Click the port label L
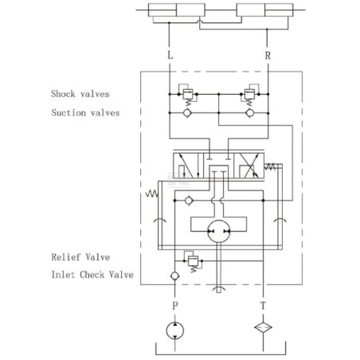[x=170, y=56]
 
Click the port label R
[x=268, y=56]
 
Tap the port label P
[x=174, y=306]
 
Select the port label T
[x=263, y=306]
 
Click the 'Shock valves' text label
[x=80, y=94]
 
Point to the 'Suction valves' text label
[x=85, y=112]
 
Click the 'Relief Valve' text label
[x=80, y=257]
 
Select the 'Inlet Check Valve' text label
[x=92, y=275]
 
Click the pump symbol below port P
[x=174, y=331]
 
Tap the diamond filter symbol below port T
[x=263, y=327]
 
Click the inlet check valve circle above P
[x=174, y=276]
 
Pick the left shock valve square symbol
[x=188, y=94]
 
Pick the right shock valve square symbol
[x=249, y=94]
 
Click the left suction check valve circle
[x=187, y=113]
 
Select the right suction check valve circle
[x=249, y=113]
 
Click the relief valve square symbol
[x=193, y=261]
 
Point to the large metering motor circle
[x=218, y=231]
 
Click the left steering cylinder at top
[x=177, y=10]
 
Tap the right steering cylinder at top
[x=264, y=10]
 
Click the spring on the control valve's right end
[x=270, y=166]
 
